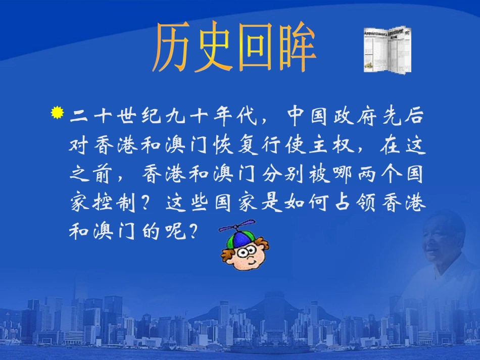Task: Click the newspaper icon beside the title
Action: tap(387, 49)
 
